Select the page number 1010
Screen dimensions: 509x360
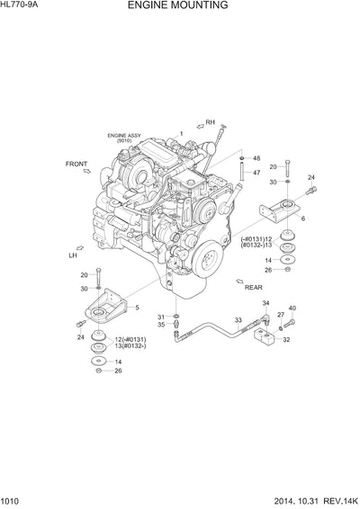tap(12, 501)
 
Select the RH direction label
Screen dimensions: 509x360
tap(211, 122)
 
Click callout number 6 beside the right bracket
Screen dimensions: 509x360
tap(303, 219)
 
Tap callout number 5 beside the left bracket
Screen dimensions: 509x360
tap(138, 308)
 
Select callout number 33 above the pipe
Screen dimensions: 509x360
tap(238, 320)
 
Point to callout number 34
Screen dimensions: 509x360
tap(266, 304)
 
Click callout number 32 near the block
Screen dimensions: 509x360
tap(286, 340)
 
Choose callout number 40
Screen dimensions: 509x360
tap(292, 308)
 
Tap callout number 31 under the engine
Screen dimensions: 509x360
tap(161, 317)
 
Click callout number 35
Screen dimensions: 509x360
tap(161, 326)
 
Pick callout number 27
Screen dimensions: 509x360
tap(280, 314)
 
